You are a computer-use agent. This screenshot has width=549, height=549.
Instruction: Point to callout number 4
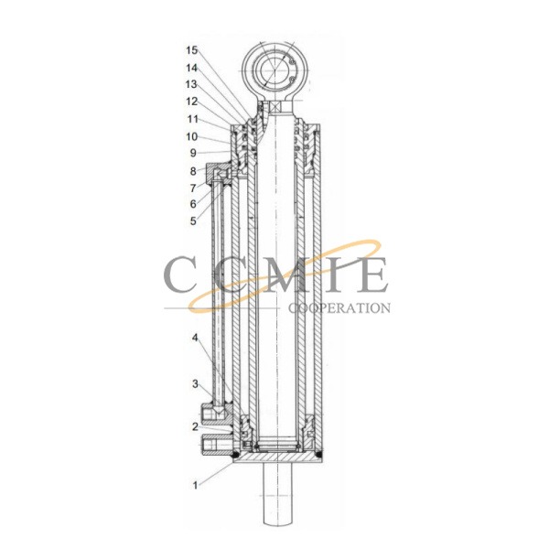point(194,338)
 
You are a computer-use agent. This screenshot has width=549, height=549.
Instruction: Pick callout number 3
point(194,382)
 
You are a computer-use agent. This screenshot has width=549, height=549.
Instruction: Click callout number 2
point(194,427)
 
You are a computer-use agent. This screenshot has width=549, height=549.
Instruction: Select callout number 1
point(194,484)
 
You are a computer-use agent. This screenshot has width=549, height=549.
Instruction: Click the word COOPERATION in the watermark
point(339,308)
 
